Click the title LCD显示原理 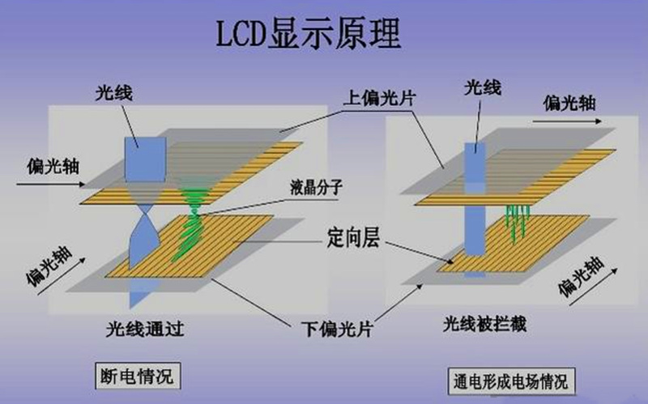309,33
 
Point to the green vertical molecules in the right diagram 515,219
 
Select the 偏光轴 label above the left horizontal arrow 36,152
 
